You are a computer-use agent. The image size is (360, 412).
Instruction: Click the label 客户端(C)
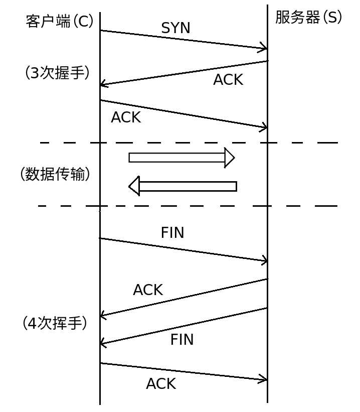point(59,22)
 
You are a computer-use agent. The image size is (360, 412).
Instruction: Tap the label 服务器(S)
point(308,18)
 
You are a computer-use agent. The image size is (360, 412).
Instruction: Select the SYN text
point(175,29)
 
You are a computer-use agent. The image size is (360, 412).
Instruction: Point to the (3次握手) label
point(57,73)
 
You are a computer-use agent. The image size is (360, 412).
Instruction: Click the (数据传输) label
point(55,174)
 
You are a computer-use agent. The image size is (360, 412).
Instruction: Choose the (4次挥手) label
point(55,323)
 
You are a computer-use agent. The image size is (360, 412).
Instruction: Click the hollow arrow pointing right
point(181,158)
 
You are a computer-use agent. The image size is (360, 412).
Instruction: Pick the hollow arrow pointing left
point(183,186)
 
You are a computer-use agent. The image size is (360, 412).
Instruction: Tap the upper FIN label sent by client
point(172,233)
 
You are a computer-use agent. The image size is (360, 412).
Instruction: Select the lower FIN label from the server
point(182,340)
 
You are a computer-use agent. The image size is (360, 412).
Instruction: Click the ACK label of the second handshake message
point(228,80)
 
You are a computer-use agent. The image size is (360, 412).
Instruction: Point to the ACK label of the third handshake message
point(126,117)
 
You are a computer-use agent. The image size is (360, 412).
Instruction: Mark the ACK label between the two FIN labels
point(148,290)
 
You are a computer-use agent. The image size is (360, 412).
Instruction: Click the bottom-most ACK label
point(161,384)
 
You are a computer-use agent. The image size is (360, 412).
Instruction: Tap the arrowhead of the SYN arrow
point(263,49)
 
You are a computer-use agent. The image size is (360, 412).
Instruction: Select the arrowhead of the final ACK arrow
point(263,379)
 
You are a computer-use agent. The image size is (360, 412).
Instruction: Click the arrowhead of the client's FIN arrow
point(263,260)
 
